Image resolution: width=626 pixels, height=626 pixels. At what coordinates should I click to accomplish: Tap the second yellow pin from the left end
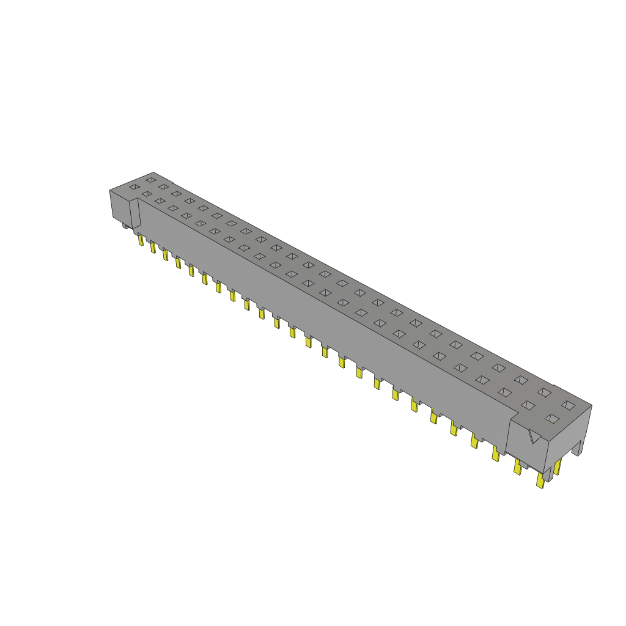[153, 246]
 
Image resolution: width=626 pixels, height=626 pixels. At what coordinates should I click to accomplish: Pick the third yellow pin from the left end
[165, 254]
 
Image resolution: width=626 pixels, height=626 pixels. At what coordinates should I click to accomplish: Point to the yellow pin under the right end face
[558, 467]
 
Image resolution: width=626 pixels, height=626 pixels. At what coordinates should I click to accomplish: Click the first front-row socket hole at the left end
[134, 186]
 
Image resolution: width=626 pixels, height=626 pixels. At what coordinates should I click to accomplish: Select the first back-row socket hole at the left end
[150, 180]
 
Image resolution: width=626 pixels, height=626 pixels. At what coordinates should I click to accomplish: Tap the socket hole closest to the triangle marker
[553, 418]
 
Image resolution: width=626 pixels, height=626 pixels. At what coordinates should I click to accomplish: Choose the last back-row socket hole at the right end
[569, 405]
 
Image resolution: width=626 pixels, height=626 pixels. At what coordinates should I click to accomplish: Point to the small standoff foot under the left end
[126, 226]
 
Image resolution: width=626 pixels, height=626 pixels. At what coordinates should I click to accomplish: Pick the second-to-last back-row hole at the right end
[544, 392]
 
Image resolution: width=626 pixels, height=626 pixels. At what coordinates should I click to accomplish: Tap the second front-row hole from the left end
[147, 194]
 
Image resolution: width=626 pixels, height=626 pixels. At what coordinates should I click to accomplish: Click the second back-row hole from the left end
[163, 186]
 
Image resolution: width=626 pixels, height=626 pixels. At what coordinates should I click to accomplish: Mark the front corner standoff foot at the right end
[548, 474]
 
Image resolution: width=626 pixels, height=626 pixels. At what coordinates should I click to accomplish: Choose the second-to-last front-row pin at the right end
[518, 468]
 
